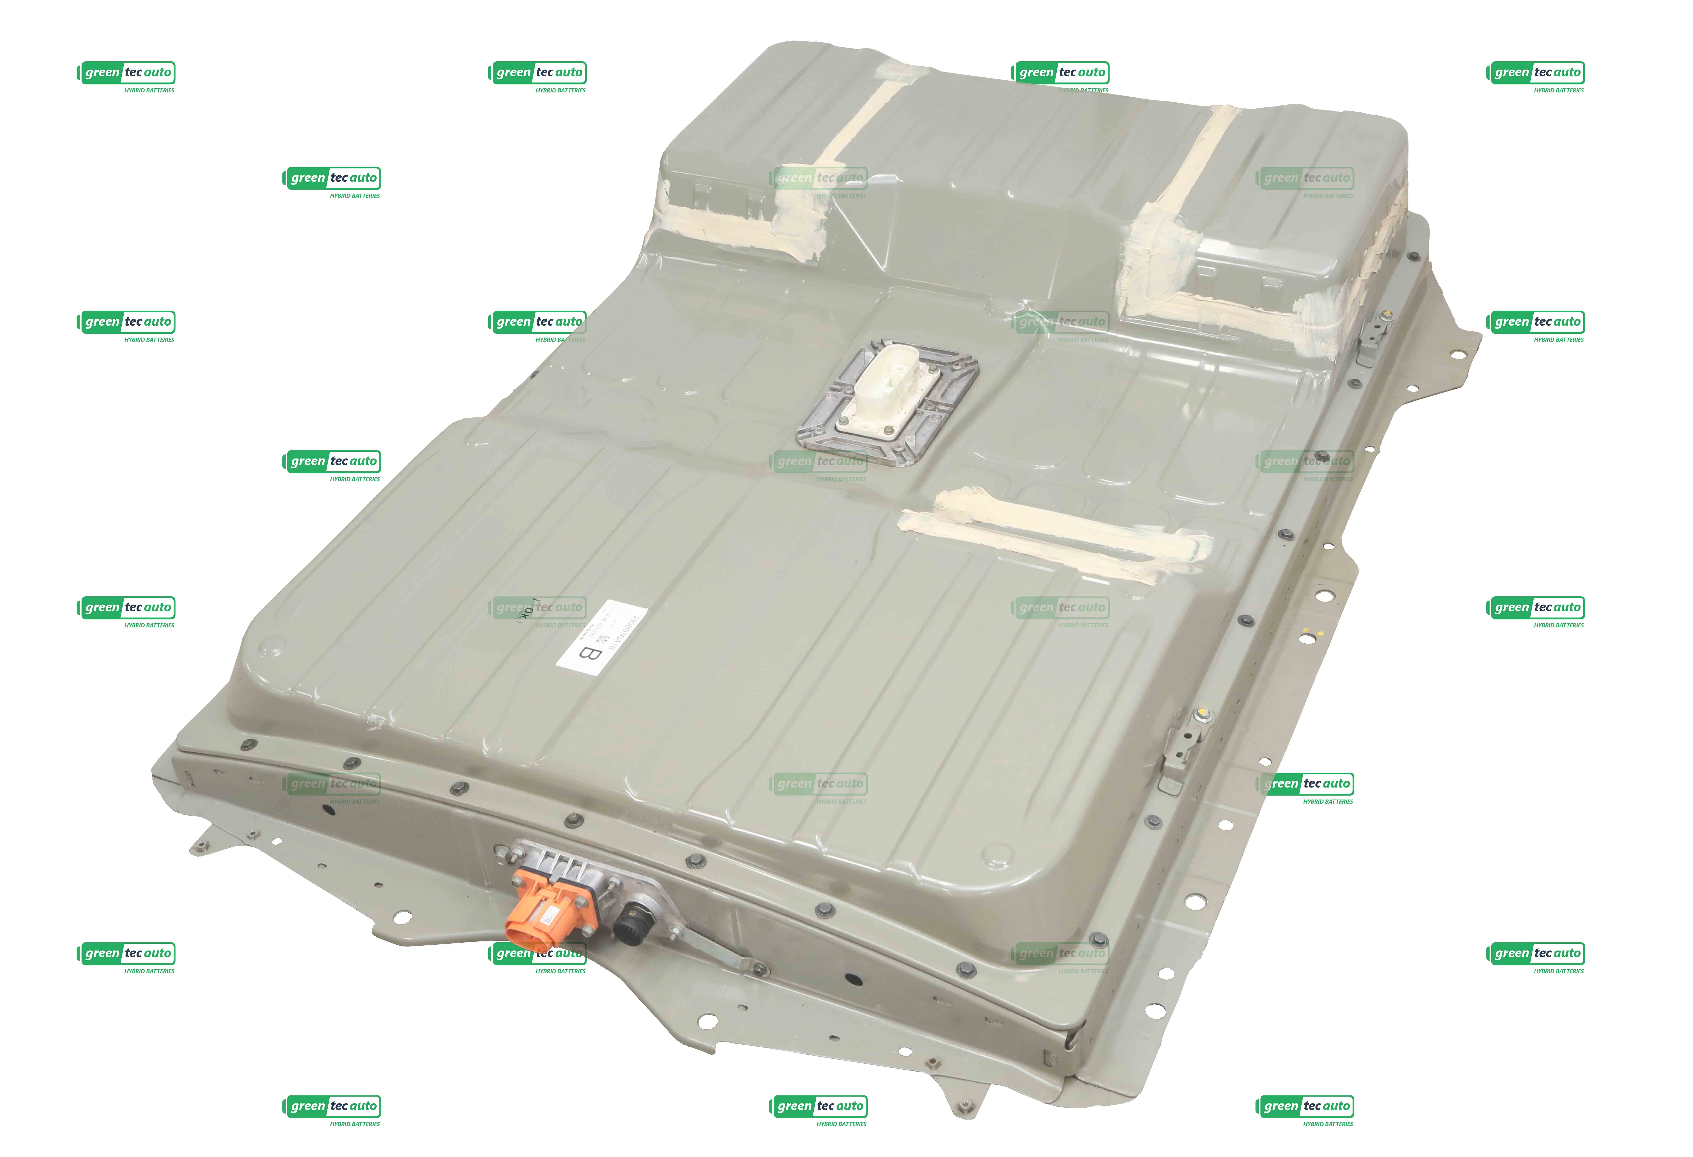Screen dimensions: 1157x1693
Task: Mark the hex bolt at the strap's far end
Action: pyautogui.click(x=760, y=969)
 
